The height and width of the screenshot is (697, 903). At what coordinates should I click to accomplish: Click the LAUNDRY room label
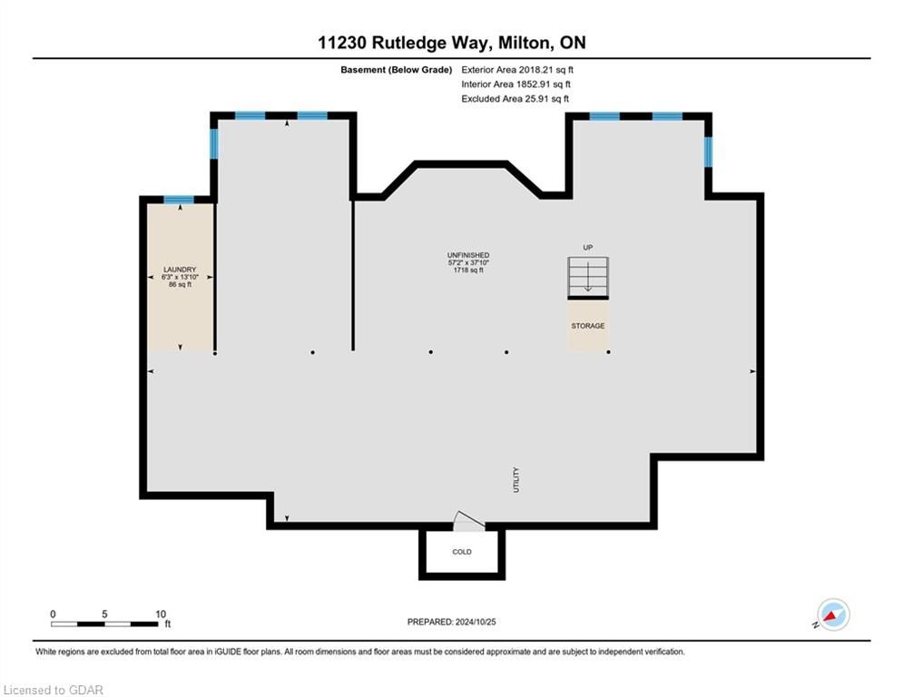tap(180, 270)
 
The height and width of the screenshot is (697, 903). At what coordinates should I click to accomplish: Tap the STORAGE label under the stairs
tap(588, 326)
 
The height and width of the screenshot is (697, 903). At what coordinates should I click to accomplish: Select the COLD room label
tap(462, 552)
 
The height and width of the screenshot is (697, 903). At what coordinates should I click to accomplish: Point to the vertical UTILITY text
tap(516, 480)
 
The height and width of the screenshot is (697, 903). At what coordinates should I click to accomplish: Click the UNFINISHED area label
tap(468, 255)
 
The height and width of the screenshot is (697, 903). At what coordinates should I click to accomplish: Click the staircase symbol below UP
tap(588, 278)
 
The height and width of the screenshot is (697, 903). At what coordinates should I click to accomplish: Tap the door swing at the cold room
tap(468, 520)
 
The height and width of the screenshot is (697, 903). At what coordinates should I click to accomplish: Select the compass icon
tap(833, 615)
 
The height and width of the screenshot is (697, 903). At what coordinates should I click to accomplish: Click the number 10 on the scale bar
tap(161, 614)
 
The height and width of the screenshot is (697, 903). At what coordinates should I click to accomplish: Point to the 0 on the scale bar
tap(53, 614)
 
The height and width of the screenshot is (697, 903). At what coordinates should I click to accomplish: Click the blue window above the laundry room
tap(179, 200)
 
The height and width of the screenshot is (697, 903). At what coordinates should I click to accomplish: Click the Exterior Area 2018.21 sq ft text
tap(517, 70)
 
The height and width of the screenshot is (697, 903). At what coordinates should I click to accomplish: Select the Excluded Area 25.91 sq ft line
tap(515, 99)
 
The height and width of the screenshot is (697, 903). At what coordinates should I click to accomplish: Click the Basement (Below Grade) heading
tap(397, 70)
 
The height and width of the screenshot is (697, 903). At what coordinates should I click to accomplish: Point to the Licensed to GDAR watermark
tap(53, 690)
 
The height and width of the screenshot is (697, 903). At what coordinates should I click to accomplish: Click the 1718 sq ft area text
tap(468, 270)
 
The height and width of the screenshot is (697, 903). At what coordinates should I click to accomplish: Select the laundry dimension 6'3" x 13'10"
tap(180, 277)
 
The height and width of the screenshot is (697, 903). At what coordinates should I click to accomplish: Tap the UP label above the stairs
tap(588, 248)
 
